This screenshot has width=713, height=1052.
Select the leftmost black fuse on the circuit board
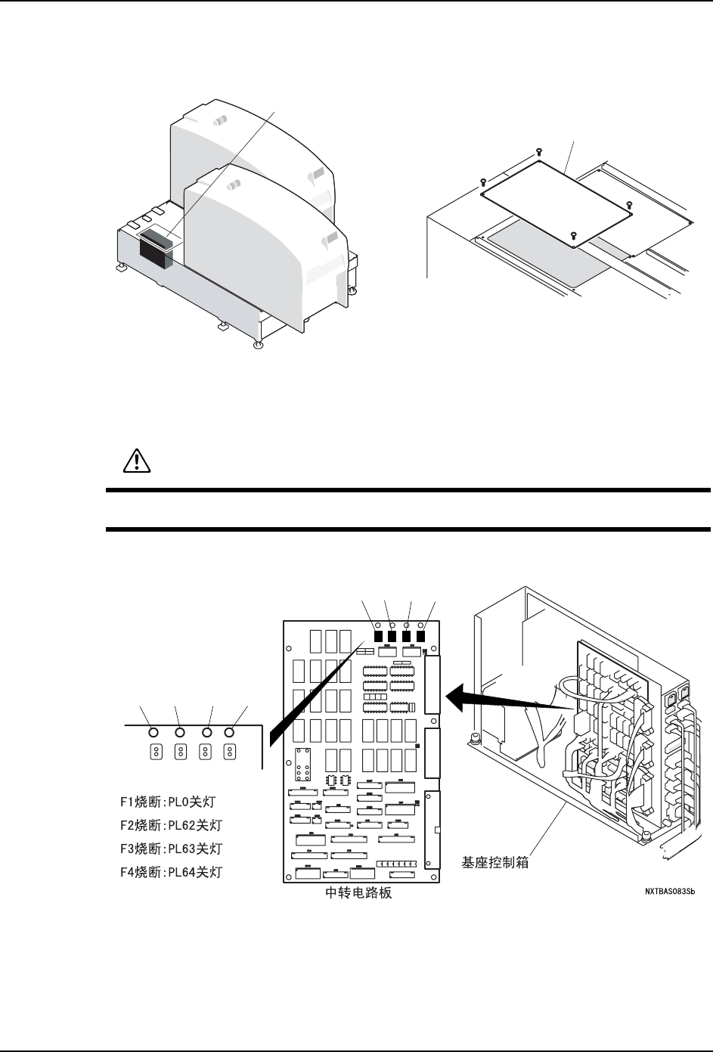pos(377,636)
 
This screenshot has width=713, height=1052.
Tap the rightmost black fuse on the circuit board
pos(421,636)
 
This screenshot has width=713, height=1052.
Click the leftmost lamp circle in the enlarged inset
pos(153,732)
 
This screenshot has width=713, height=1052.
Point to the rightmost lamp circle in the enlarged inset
pos(230,732)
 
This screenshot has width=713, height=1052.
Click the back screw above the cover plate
pos(538,151)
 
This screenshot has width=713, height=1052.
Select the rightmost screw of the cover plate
pos(629,204)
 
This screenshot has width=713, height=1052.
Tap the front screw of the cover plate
pos(573,234)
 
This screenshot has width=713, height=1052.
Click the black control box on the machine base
pos(156,252)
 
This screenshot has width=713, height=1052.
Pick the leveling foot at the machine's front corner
pos(259,345)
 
